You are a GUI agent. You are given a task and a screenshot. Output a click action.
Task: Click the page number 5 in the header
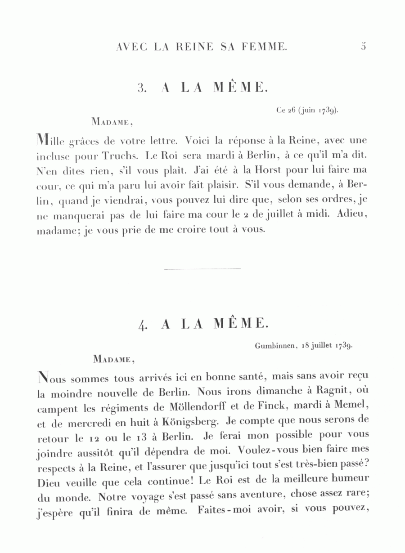(364, 46)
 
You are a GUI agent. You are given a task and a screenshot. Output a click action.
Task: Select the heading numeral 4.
(143, 324)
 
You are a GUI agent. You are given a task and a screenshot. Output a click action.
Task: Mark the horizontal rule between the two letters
(202, 269)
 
